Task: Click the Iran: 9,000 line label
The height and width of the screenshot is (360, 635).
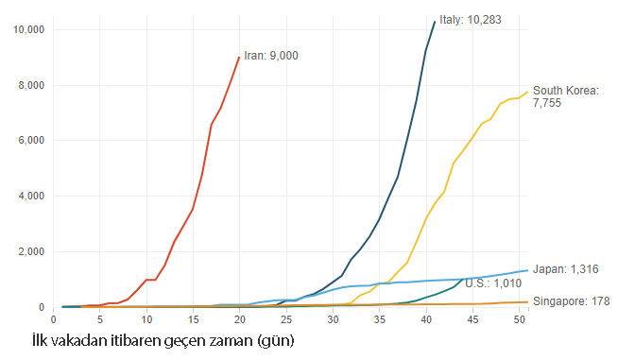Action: click(x=271, y=56)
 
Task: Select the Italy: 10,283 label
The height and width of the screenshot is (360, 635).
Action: click(x=471, y=20)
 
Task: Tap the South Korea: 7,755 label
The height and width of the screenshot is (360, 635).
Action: click(x=566, y=96)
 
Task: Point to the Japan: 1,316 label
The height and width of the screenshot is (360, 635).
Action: click(x=565, y=269)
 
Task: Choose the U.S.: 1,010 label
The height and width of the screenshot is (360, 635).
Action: click(x=493, y=283)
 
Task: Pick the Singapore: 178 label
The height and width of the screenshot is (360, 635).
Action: click(x=571, y=301)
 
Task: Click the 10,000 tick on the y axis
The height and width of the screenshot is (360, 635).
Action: click(x=28, y=29)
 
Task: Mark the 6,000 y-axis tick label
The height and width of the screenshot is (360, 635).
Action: click(x=31, y=141)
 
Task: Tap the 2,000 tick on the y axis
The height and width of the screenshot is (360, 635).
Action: click(x=31, y=251)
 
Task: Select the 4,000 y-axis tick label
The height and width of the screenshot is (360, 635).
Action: click(x=31, y=196)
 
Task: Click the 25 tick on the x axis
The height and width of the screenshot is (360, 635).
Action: click(x=286, y=319)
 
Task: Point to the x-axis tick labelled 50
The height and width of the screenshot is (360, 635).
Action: click(x=519, y=319)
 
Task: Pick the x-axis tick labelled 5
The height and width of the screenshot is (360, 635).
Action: click(x=100, y=319)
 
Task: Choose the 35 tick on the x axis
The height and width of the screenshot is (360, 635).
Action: click(x=380, y=319)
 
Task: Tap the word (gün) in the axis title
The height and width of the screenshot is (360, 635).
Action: click(x=276, y=341)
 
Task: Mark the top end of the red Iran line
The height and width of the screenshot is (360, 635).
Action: click(x=239, y=57)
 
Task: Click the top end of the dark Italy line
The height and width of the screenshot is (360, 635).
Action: click(x=435, y=22)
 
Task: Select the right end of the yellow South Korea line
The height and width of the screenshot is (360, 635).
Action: click(x=528, y=92)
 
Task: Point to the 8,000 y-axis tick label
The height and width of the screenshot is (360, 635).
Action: click(x=31, y=85)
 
